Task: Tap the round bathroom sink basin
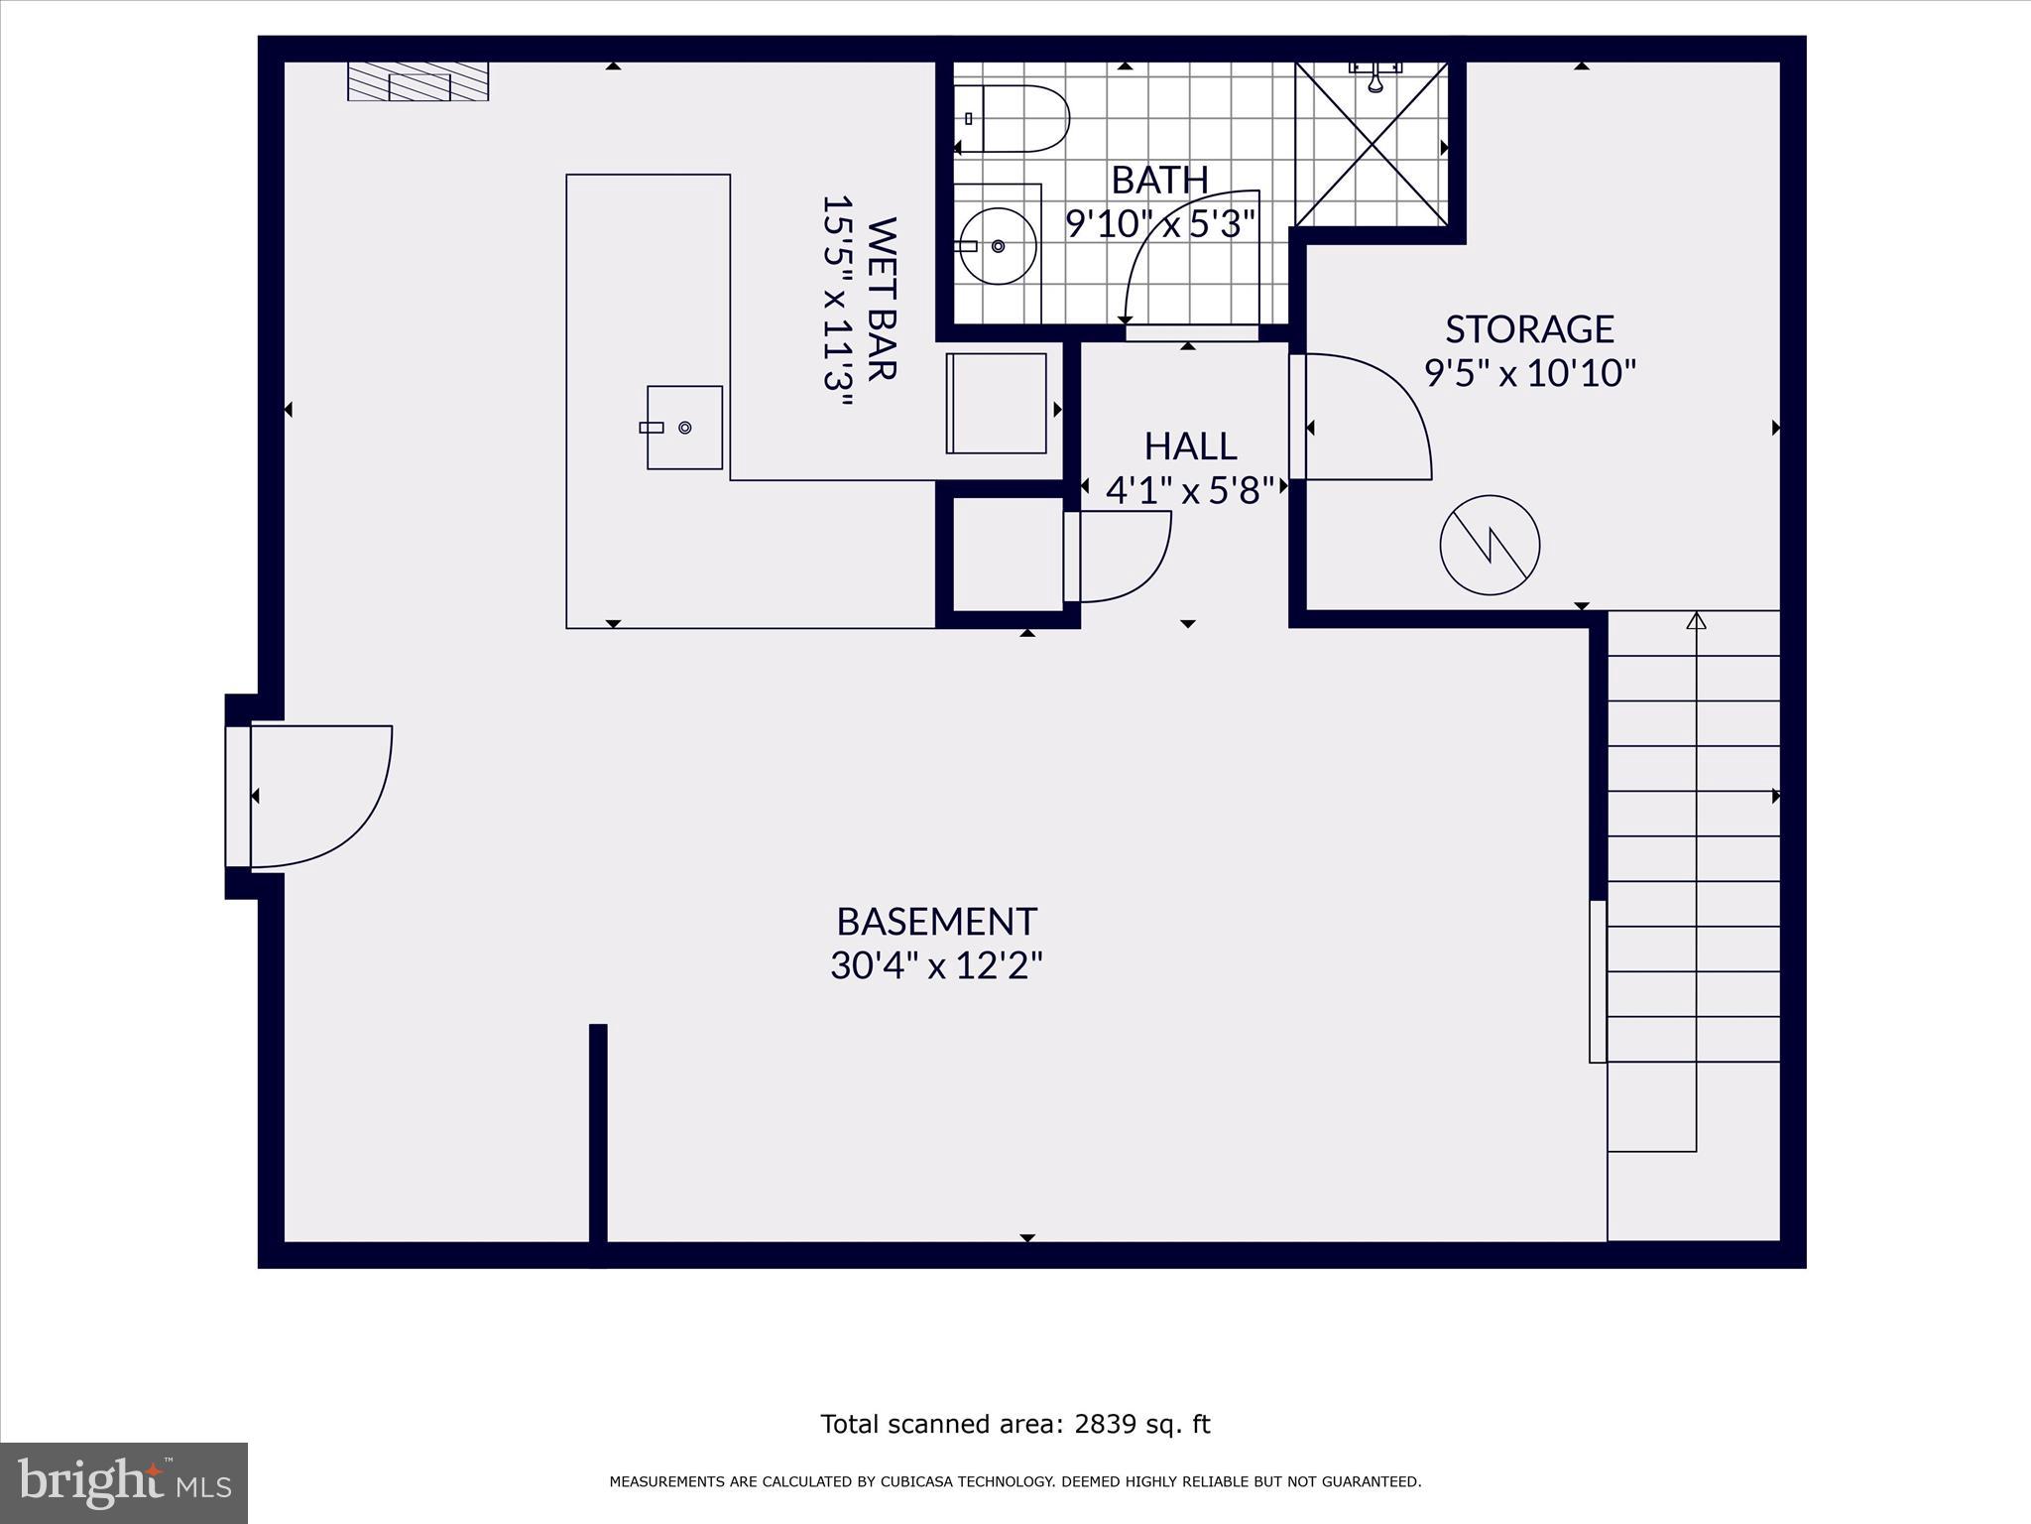click(998, 245)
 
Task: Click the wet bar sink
click(684, 428)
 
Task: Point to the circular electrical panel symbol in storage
click(1490, 545)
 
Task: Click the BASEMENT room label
click(936, 922)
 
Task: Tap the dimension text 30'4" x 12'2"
click(936, 965)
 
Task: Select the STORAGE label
click(1529, 328)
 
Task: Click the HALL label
click(1190, 446)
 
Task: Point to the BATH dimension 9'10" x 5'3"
click(1160, 223)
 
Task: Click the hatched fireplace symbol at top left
click(418, 81)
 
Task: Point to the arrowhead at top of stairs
click(1696, 621)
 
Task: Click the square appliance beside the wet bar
click(997, 403)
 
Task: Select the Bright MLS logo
click(124, 1482)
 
